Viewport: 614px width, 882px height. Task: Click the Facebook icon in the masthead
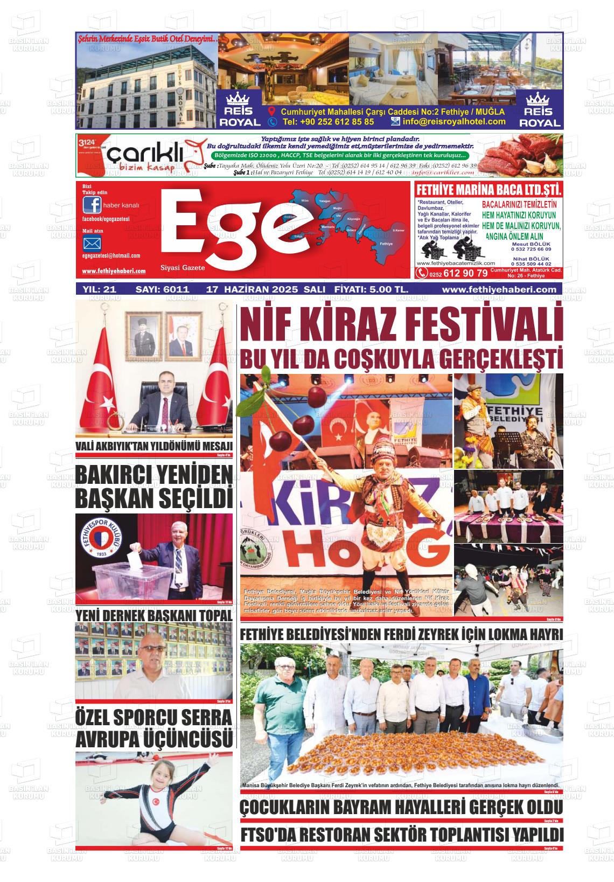click(92, 205)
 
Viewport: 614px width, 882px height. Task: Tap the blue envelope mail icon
click(92, 244)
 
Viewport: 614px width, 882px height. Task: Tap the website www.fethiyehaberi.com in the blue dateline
click(499, 289)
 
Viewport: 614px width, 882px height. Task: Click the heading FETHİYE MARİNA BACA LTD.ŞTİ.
click(489, 190)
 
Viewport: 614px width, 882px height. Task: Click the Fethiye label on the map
click(386, 244)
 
